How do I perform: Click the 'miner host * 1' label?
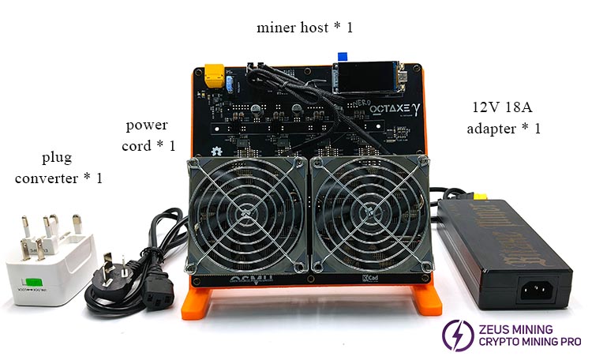pos(305,28)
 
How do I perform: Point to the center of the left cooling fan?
pos(246,213)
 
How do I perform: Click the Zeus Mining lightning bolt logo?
pos(454,334)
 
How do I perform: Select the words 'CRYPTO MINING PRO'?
pos(528,342)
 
